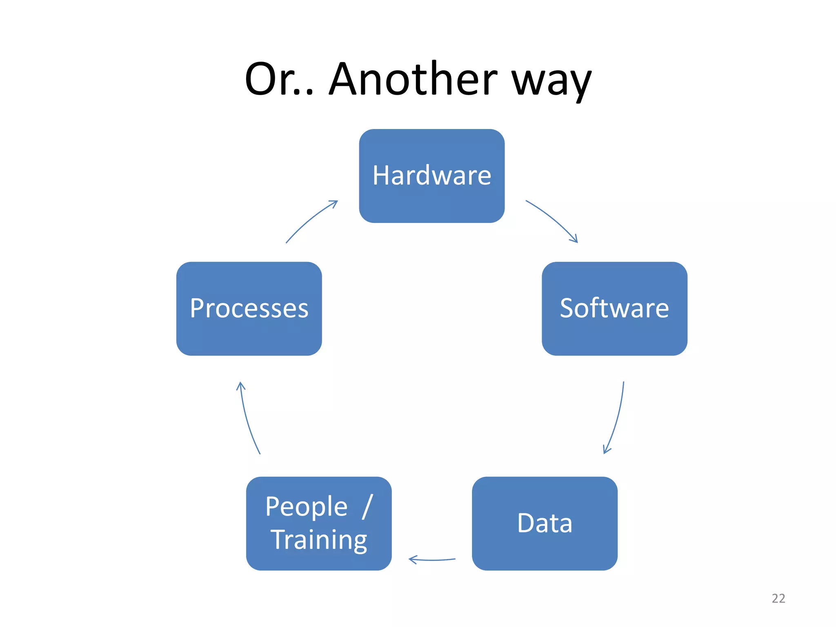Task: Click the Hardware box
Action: click(431, 176)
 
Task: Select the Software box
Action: click(614, 309)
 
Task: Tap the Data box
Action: click(545, 523)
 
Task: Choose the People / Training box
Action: click(319, 523)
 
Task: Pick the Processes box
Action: click(249, 309)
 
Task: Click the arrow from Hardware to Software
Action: click(551, 220)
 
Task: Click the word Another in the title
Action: click(413, 79)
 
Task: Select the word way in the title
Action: click(551, 82)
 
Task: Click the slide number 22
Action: click(778, 598)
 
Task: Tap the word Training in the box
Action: click(319, 540)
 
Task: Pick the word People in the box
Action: click(306, 507)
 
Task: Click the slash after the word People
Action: click(367, 507)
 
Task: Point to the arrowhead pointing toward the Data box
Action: click(606, 450)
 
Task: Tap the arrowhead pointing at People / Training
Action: click(412, 559)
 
